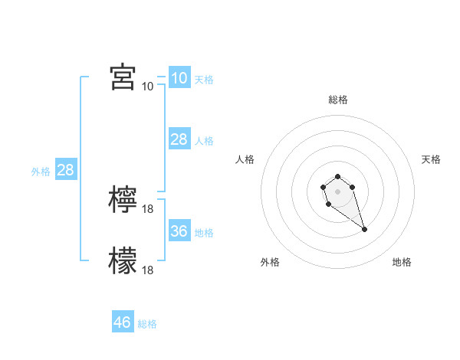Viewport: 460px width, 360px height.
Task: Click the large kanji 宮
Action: (123, 77)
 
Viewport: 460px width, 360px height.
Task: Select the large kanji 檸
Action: (123, 200)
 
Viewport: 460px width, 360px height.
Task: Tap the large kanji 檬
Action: (123, 260)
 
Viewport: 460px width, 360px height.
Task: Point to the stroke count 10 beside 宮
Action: (147, 87)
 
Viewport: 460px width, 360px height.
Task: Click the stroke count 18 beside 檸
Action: (149, 209)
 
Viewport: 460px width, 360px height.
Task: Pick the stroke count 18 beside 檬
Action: (149, 270)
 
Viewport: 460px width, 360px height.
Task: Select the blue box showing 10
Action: (179, 77)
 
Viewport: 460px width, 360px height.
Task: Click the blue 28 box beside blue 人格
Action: (179, 139)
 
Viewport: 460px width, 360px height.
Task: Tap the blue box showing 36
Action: (179, 231)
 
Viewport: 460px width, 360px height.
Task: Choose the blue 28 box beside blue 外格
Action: (65, 169)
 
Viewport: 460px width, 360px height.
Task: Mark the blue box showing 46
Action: (123, 322)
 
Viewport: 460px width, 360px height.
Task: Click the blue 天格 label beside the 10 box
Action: (204, 80)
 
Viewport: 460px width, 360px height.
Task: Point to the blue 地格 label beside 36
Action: (204, 233)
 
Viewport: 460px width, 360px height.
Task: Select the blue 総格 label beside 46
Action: (147, 325)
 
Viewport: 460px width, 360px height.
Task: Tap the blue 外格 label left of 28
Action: (41, 172)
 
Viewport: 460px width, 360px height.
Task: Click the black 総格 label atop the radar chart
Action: (337, 100)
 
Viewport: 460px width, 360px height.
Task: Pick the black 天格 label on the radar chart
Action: (431, 159)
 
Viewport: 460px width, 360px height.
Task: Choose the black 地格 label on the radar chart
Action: (402, 262)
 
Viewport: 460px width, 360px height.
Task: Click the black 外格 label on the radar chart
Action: (270, 262)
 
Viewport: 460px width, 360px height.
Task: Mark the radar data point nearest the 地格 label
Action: (364, 229)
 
